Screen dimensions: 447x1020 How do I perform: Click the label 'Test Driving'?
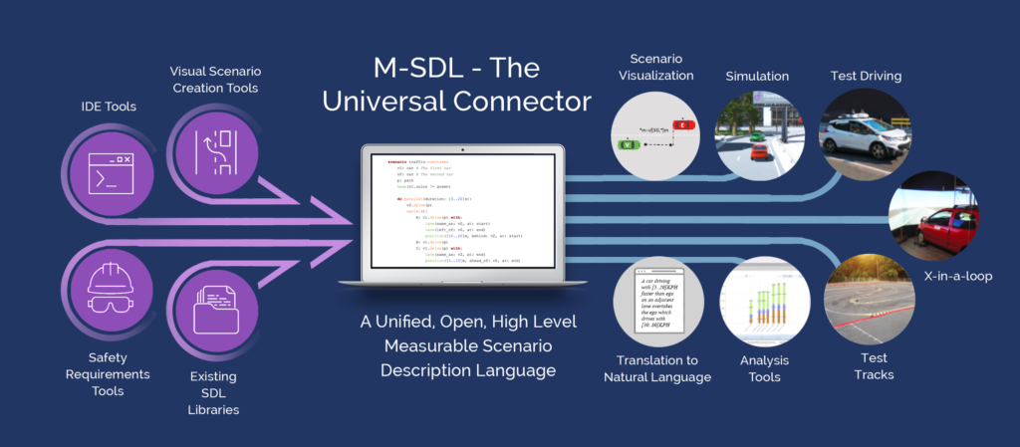[x=866, y=76]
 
